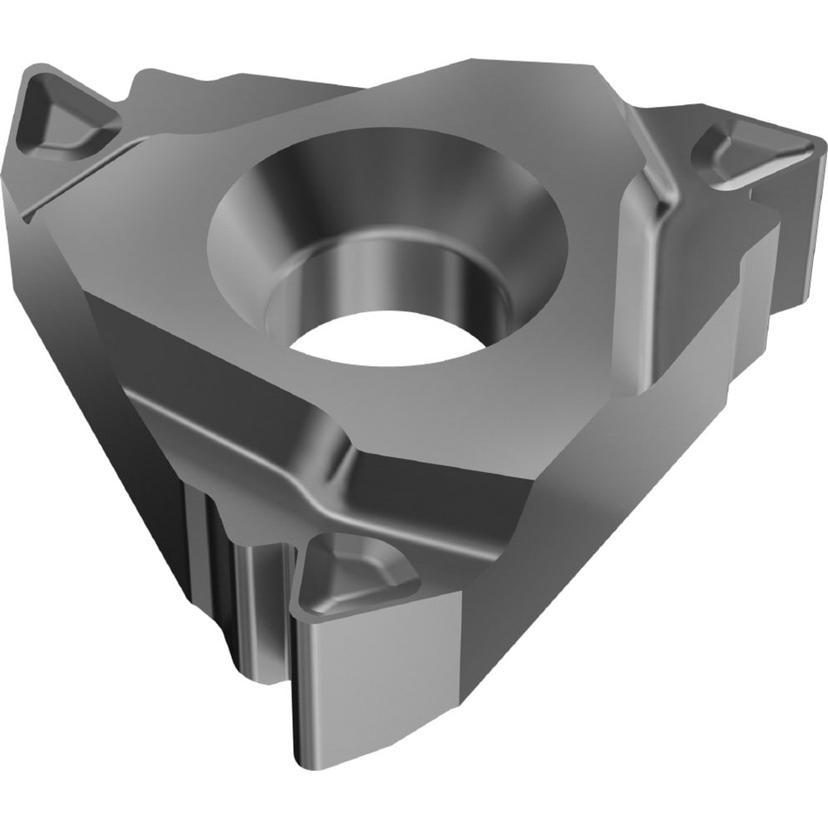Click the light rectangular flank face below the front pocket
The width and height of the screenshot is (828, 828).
(x=373, y=679)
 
